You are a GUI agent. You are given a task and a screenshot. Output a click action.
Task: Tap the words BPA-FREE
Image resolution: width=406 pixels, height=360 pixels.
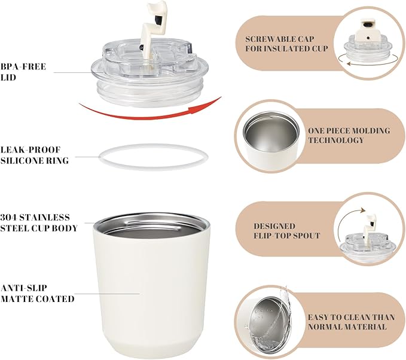point(23,66)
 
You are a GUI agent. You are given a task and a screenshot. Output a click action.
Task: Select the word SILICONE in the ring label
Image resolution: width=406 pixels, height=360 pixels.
point(22,161)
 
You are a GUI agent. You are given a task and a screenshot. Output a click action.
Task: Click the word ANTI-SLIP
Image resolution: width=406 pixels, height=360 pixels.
point(24,288)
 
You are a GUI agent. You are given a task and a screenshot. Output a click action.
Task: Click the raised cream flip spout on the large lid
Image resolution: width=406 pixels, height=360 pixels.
point(152,26)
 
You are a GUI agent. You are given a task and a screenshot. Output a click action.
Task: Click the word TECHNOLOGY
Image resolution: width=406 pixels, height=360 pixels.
point(336,140)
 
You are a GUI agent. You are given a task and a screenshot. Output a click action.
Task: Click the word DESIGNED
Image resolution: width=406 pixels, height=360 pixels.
point(274,226)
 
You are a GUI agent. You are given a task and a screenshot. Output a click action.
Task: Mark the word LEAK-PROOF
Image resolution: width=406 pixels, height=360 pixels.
point(30,150)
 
